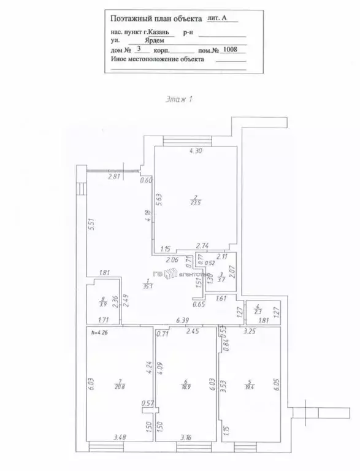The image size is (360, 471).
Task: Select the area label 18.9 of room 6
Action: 185,386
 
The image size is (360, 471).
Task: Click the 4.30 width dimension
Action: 195,150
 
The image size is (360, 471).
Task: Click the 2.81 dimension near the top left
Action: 113,177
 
